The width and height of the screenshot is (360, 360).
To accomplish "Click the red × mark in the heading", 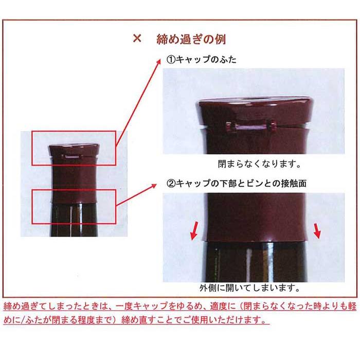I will pos(137,39).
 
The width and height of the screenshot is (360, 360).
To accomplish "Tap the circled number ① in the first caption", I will pos(170,60).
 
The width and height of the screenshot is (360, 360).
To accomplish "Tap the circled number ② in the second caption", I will pos(170,183).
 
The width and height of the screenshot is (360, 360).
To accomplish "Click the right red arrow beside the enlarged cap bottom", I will pos(317,231).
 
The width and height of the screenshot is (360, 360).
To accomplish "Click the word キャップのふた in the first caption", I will pos(206,60).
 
